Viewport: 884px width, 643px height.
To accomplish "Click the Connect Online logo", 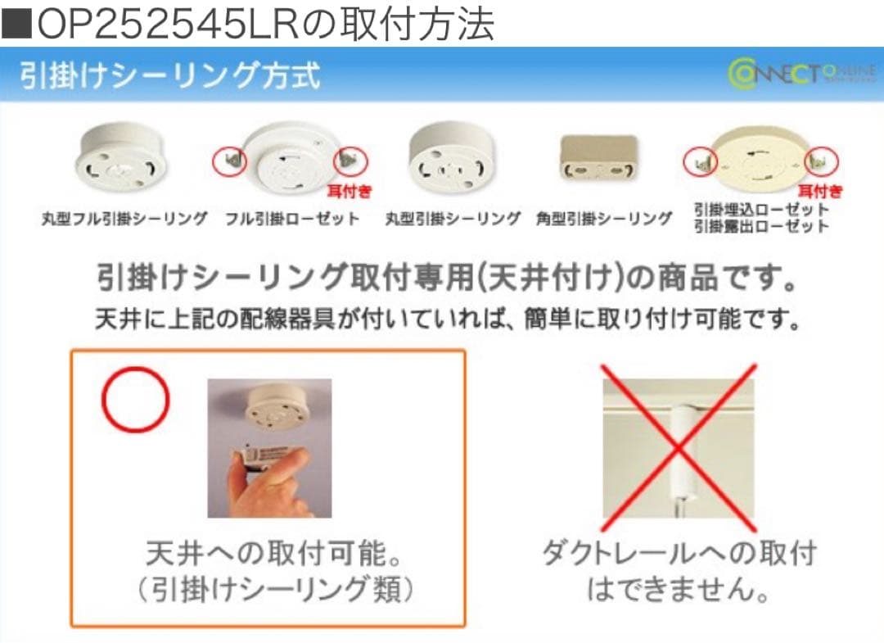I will point(801,74).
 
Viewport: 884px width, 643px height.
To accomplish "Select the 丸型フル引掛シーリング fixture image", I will point(121,161).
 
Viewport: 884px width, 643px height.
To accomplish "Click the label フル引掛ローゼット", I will point(292,219).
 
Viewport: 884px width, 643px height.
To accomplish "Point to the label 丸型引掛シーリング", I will point(453,219).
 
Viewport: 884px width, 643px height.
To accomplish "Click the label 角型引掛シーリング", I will point(604,219).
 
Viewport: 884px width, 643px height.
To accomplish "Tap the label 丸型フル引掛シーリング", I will point(124,219).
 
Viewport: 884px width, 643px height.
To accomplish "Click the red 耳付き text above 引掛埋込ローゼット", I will point(819,192).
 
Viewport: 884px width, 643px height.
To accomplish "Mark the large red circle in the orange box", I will point(135,399).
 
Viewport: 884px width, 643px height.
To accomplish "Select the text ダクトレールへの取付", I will point(679,555).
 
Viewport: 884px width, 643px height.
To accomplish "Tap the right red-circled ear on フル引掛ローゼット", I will point(350,160).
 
